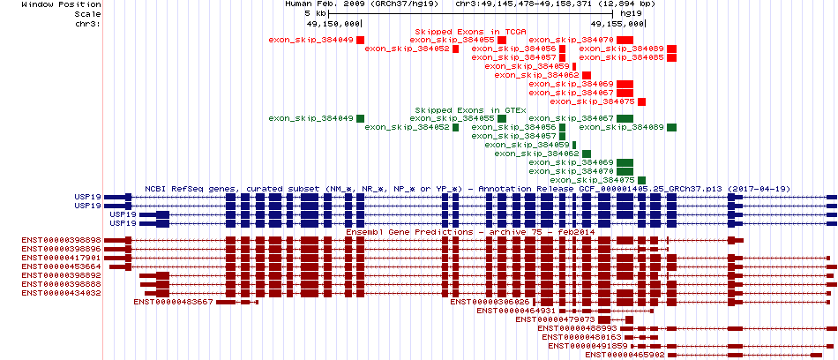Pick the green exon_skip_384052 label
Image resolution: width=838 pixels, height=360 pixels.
407,127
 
